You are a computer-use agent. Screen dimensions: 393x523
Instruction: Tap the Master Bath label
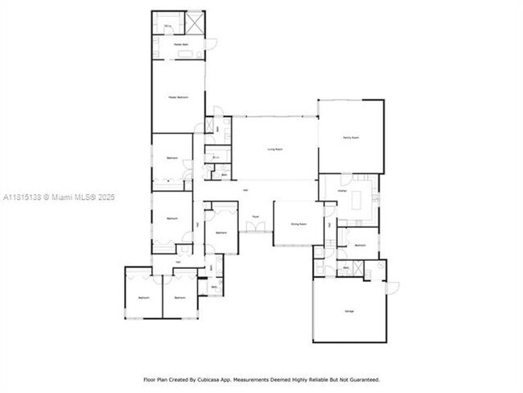pos(179,44)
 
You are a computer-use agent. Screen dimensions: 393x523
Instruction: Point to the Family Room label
pos(350,138)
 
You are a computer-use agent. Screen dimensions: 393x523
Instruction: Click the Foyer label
pos(255,217)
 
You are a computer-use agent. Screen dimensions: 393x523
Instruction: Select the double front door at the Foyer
pos(255,230)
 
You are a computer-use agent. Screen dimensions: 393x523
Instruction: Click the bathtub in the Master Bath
pos(190,55)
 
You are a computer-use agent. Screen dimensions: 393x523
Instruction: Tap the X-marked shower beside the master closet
pos(194,22)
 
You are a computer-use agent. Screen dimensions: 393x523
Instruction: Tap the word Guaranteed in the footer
pos(360,379)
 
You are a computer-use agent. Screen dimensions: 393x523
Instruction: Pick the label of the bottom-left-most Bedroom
pos(143,298)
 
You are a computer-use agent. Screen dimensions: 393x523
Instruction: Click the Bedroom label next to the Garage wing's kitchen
pos(360,245)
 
